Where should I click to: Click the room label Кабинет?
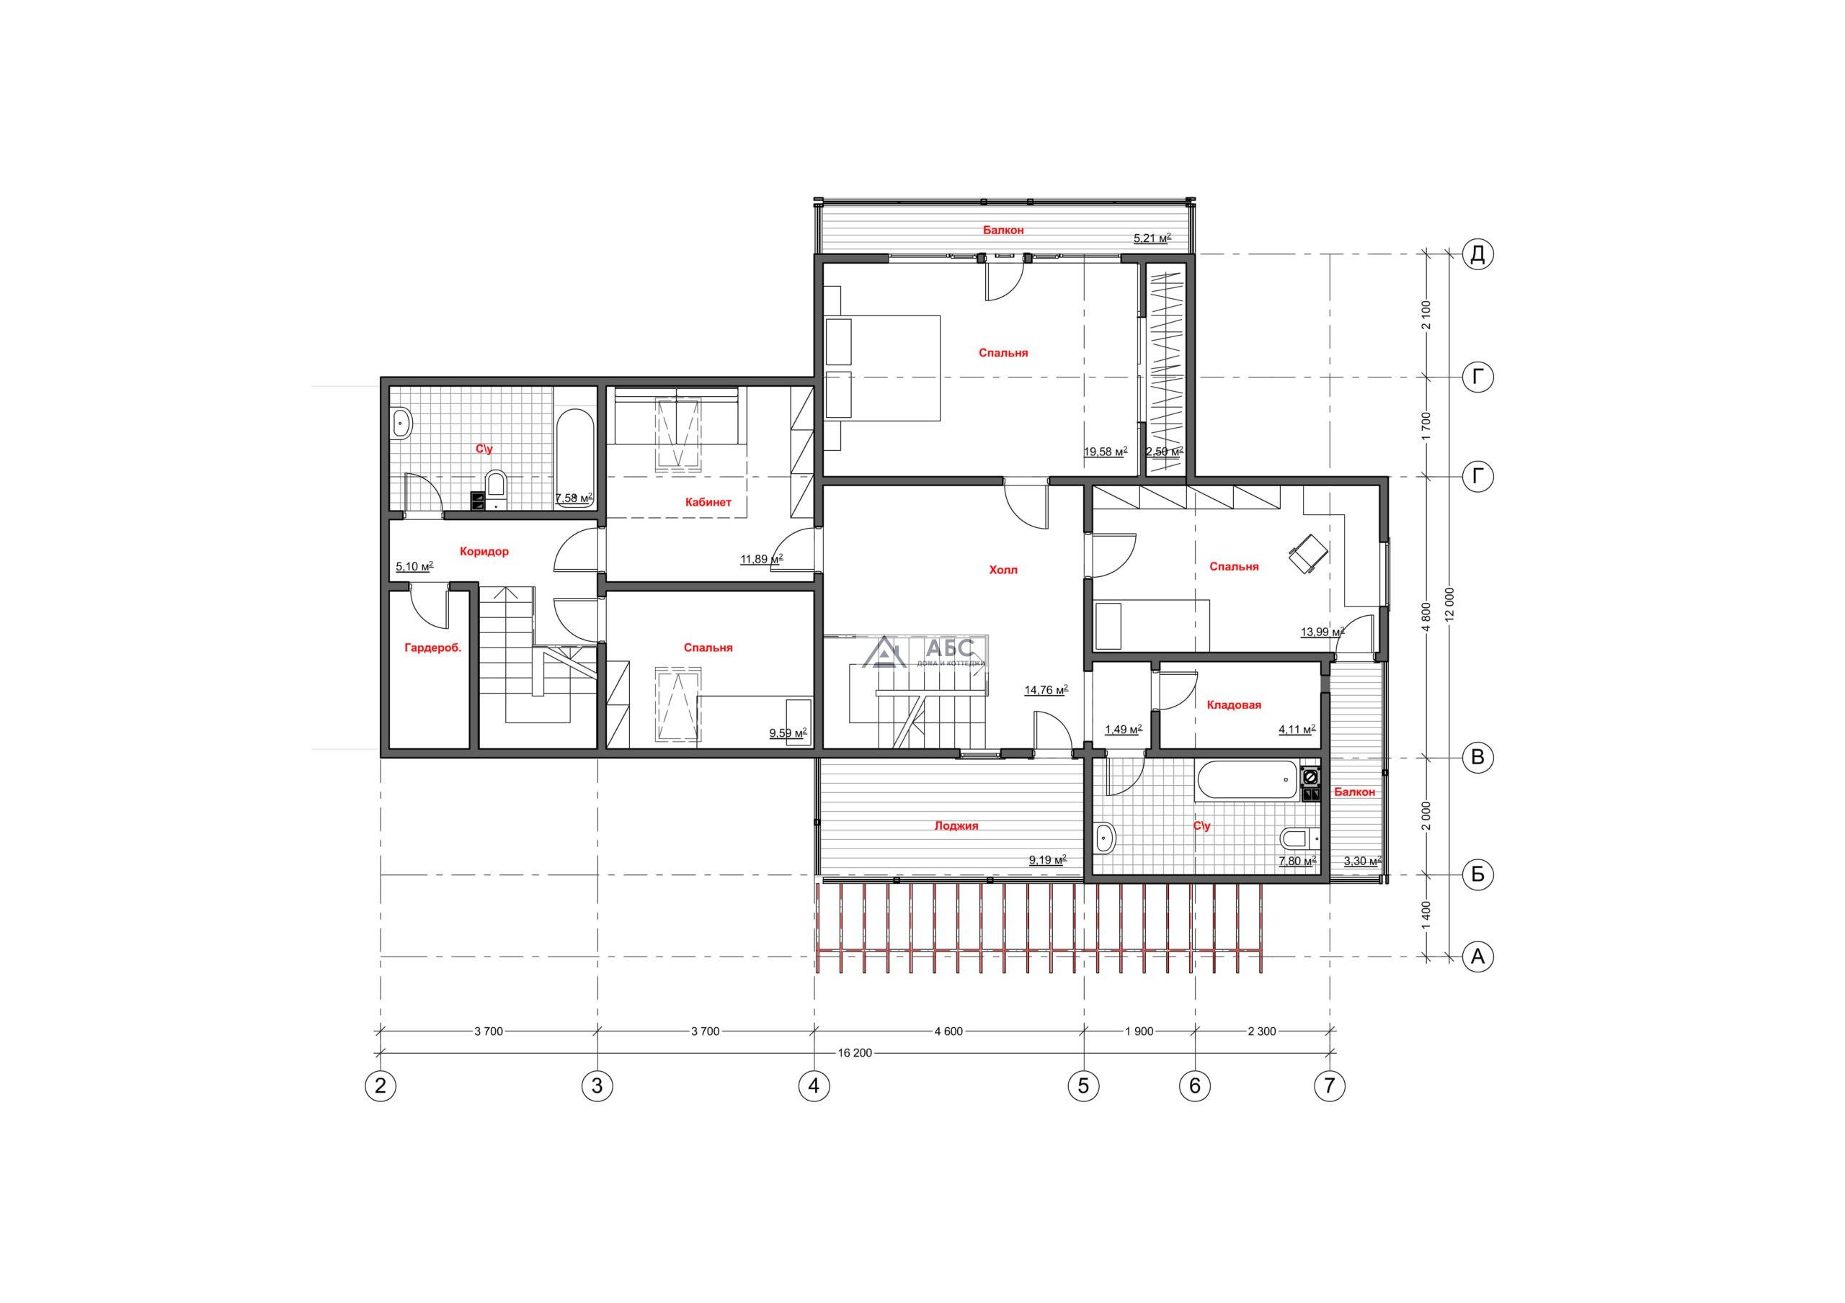pyautogui.click(x=708, y=502)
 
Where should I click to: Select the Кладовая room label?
pyautogui.click(x=1233, y=704)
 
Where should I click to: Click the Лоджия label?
pyautogui.click(x=956, y=825)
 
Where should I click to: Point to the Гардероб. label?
pyautogui.click(x=432, y=648)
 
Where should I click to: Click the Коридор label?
pyautogui.click(x=484, y=552)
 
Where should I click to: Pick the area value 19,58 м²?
pyautogui.click(x=1106, y=452)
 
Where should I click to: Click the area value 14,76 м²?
pyautogui.click(x=1046, y=689)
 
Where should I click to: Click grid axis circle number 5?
pyautogui.click(x=1083, y=1086)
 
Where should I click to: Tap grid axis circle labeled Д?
pyautogui.click(x=1477, y=255)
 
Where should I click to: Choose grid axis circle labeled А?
pyautogui.click(x=1477, y=957)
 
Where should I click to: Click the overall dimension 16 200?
pyautogui.click(x=854, y=1053)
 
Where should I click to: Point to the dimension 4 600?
pyautogui.click(x=948, y=1031)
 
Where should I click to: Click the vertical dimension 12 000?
pyautogui.click(x=1449, y=606)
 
